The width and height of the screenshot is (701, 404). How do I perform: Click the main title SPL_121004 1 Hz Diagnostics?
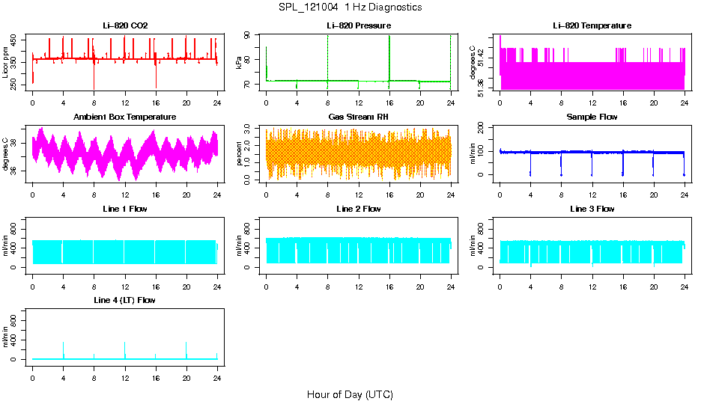(350, 7)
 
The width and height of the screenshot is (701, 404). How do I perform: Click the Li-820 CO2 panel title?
(125, 25)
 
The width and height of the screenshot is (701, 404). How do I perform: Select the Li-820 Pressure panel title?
(358, 25)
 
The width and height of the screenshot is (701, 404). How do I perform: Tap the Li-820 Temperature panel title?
(592, 25)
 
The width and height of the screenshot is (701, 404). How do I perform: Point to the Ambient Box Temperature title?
(125, 117)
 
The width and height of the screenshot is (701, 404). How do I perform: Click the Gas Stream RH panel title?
(358, 117)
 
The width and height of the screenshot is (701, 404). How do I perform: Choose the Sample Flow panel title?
(592, 117)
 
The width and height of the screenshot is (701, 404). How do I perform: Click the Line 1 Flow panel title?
(125, 209)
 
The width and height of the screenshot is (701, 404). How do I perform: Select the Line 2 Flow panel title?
(358, 209)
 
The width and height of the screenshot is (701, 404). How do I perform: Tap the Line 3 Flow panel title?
(592, 209)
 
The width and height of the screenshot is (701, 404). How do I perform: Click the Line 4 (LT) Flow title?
(125, 300)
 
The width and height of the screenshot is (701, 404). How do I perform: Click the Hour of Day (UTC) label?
(350, 394)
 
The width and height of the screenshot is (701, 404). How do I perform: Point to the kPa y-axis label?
(239, 63)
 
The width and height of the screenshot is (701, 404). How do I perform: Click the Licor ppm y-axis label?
(6, 63)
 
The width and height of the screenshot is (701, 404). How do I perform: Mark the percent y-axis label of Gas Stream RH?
(239, 154)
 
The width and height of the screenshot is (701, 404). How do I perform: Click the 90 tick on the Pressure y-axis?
(248, 36)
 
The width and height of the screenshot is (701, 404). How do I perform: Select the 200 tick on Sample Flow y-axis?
(482, 129)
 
